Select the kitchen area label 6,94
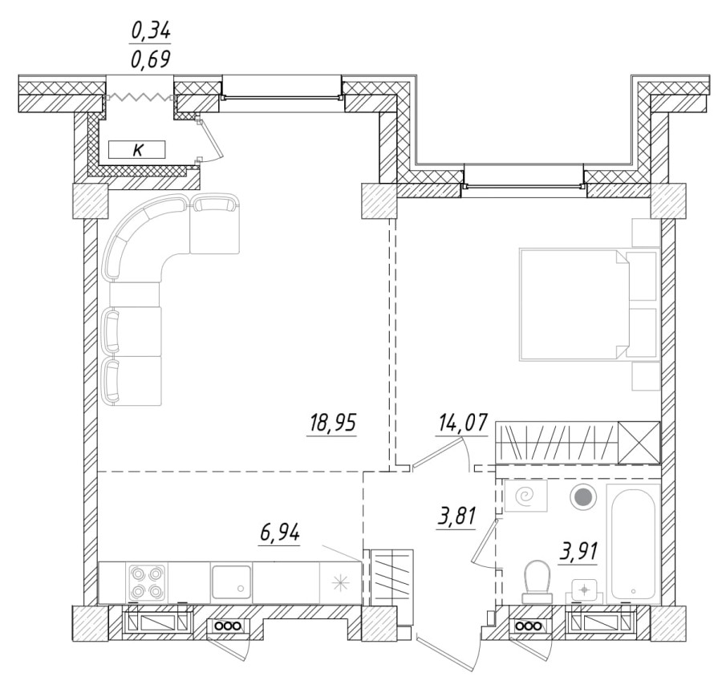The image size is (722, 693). coord(279,533)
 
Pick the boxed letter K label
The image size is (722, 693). coord(137,148)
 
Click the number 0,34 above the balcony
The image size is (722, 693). coord(151,32)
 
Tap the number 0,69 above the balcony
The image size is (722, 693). coord(151,59)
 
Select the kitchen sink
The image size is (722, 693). coord(233,582)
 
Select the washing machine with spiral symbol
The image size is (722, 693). coord(525,498)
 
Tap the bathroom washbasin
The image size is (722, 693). coord(585,590)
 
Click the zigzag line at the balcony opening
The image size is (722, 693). coord(140,96)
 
